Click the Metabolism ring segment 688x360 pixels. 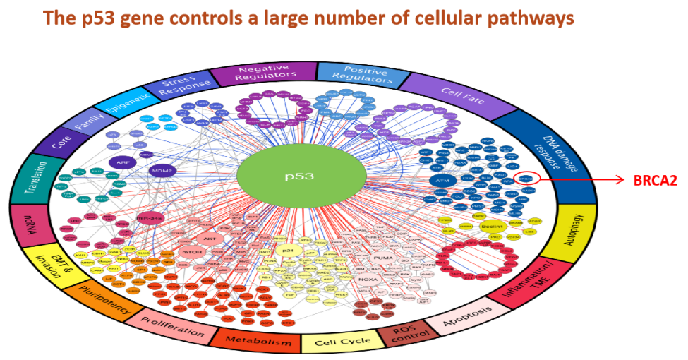pyautogui.click(x=258, y=341)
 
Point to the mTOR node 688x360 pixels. pyautogui.click(x=191, y=251)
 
